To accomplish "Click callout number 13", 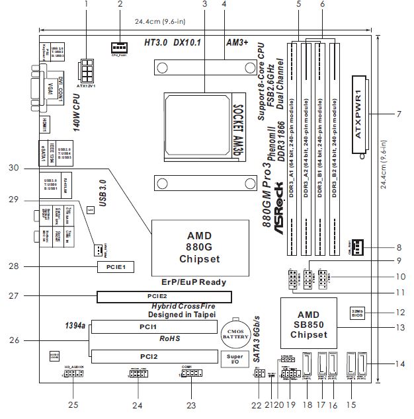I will [x=399, y=326].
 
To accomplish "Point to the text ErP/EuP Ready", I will [x=193, y=282].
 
